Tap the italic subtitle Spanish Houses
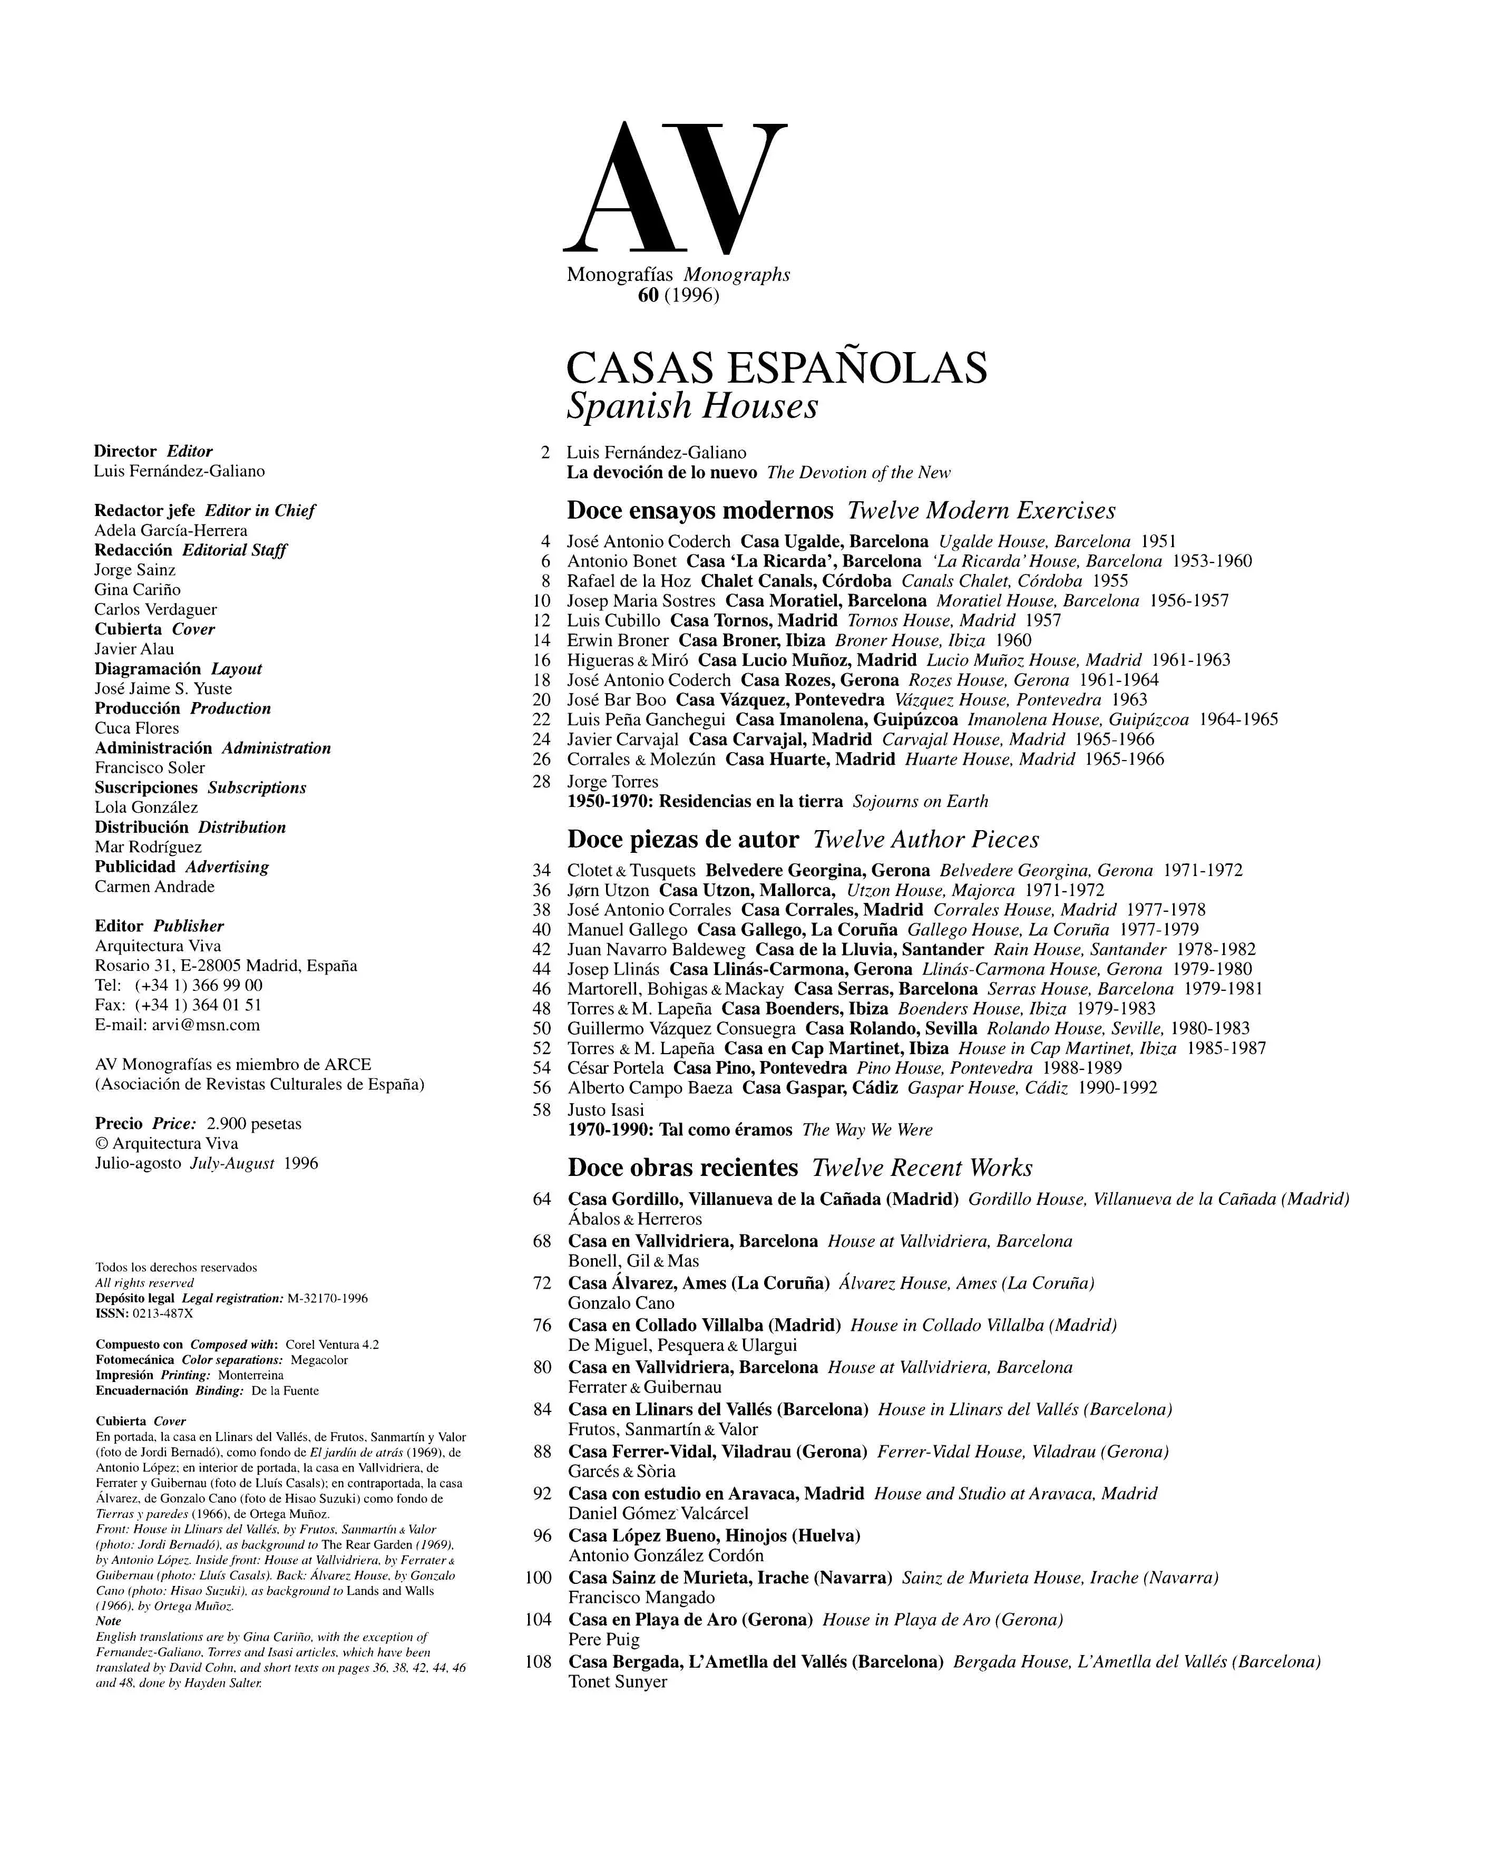click(692, 406)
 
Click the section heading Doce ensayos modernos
click(700, 510)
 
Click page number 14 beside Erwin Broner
click(541, 640)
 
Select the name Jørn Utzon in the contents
click(608, 890)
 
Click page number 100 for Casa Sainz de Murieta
click(538, 1578)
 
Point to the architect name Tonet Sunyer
click(617, 1681)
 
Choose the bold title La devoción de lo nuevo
click(661, 473)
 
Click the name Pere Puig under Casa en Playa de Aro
click(603, 1639)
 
